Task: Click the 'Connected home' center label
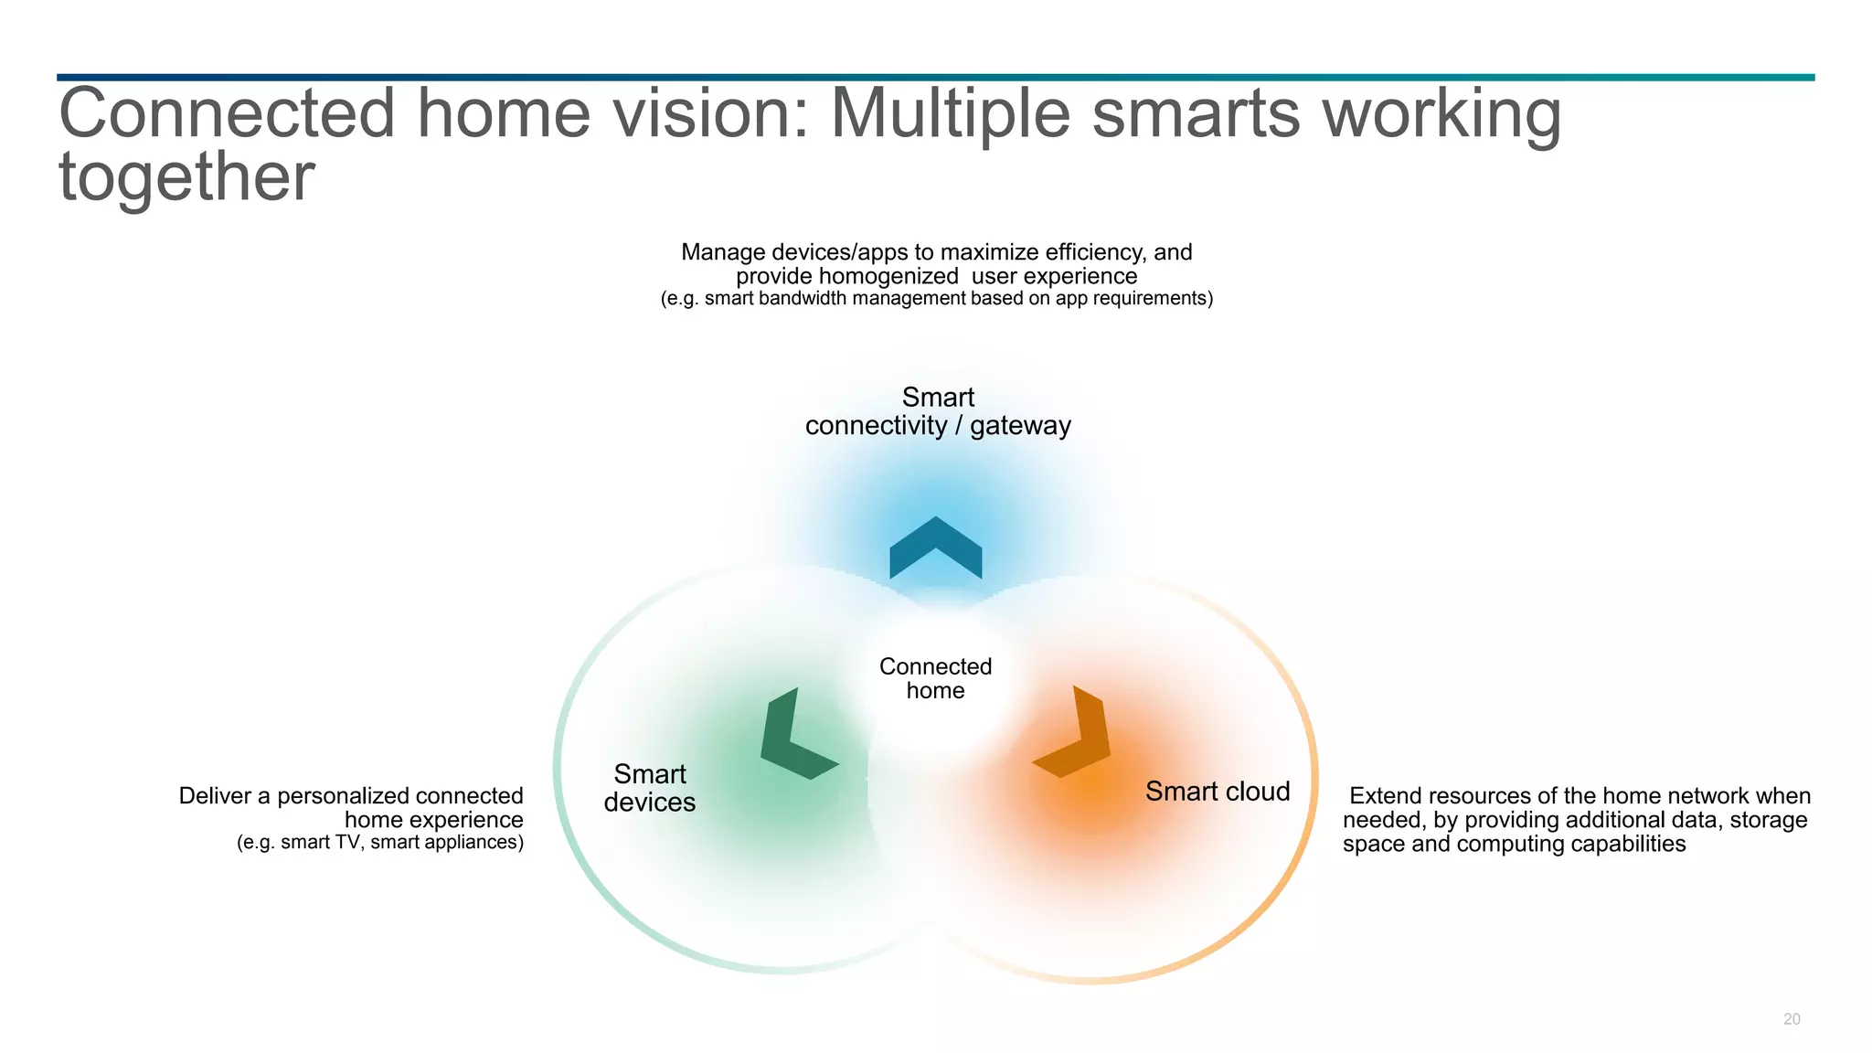point(935,678)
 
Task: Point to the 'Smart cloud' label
point(1217,792)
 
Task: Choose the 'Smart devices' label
point(650,788)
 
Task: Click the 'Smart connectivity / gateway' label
point(938,411)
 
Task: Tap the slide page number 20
point(1792,1019)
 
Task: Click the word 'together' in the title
point(186,176)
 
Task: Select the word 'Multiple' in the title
point(950,113)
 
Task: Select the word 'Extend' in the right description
point(1386,796)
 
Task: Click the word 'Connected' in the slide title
point(227,113)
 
